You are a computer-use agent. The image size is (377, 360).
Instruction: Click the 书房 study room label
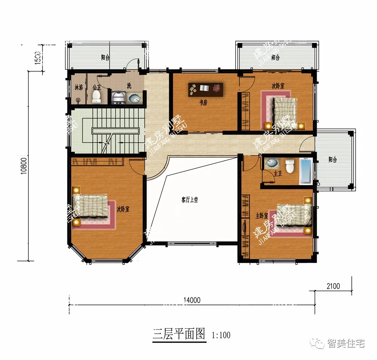tap(204, 103)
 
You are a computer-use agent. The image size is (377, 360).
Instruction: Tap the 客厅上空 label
tap(190, 200)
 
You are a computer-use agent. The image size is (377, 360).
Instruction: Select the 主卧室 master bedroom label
tap(262, 216)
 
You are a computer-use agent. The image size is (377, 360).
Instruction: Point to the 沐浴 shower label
tap(78, 87)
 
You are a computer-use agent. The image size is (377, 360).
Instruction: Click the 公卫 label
tap(97, 87)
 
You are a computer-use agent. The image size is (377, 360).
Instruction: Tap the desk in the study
tap(206, 89)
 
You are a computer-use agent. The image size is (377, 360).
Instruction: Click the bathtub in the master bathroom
tap(306, 172)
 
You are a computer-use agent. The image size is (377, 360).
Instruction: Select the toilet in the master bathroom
tap(290, 166)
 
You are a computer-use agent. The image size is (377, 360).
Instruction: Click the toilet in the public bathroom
tap(97, 97)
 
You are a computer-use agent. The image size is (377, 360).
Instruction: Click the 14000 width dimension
tap(192, 300)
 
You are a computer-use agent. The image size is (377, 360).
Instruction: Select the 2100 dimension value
tap(333, 286)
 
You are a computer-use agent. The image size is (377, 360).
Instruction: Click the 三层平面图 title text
tap(179, 334)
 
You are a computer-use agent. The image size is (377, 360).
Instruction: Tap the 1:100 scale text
tap(221, 335)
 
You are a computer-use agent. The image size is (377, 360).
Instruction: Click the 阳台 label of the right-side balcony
tap(332, 160)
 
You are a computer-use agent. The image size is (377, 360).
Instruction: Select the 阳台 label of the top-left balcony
tap(106, 58)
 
